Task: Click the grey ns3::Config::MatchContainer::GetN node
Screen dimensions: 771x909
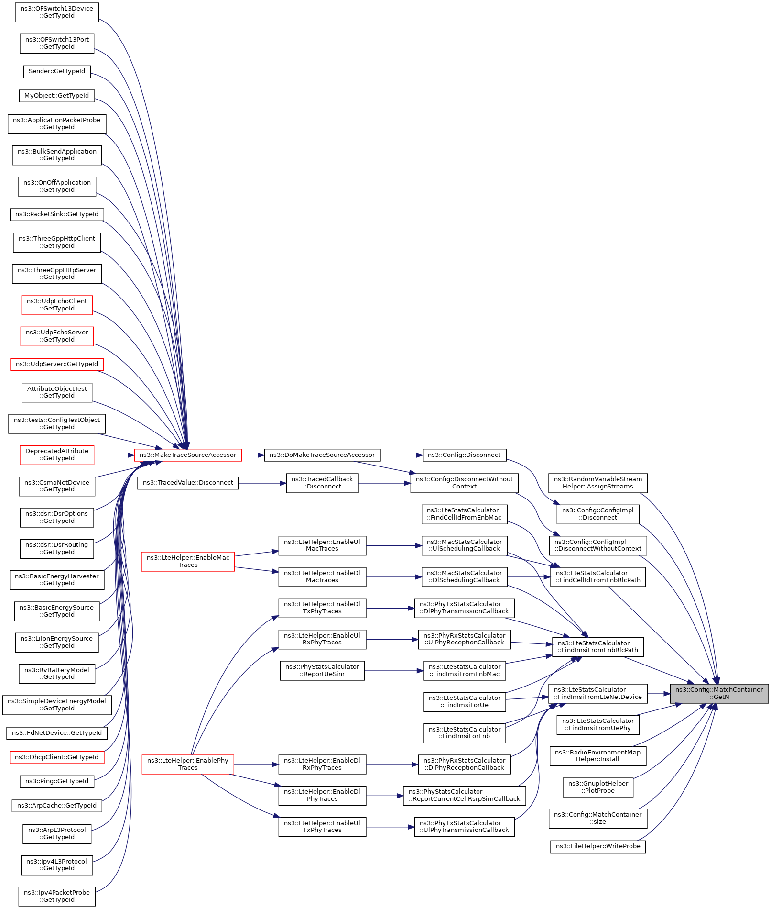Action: tap(719, 693)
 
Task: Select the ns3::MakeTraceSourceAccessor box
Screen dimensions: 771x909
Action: tap(188, 455)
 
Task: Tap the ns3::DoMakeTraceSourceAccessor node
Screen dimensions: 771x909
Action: tap(322, 455)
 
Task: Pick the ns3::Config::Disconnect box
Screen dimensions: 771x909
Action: tap(464, 455)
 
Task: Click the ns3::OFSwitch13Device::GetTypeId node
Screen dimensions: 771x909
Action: tap(57, 12)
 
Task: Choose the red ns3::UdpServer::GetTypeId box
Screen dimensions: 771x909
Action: tap(57, 364)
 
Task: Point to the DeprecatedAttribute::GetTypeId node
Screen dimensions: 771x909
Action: tap(57, 455)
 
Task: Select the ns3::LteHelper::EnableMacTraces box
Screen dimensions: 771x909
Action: tap(188, 561)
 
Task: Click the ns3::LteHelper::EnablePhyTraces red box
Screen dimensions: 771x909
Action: tap(188, 764)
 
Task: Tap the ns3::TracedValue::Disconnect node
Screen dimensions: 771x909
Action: tap(188, 483)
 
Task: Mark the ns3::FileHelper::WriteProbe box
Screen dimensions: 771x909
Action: tap(598, 846)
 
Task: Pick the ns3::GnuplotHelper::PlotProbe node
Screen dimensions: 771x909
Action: tap(598, 787)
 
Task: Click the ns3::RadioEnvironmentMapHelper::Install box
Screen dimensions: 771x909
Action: tap(598, 756)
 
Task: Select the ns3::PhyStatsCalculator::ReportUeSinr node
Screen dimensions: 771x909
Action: tap(322, 670)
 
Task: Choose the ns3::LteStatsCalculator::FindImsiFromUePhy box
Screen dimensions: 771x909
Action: tap(598, 724)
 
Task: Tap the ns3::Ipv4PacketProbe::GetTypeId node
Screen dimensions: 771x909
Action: tap(57, 896)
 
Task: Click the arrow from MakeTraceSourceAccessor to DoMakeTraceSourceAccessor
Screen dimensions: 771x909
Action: tap(253, 455)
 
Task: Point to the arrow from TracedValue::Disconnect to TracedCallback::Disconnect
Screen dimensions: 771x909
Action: tap(262, 483)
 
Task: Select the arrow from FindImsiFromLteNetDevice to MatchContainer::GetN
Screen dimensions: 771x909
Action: tap(659, 694)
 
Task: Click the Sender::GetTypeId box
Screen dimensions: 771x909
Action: tap(57, 71)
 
